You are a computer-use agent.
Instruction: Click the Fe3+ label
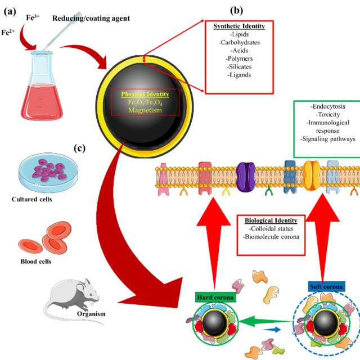click(x=34, y=19)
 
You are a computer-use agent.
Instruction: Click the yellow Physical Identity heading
click(x=146, y=94)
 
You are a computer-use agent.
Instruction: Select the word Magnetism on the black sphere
click(x=146, y=111)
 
